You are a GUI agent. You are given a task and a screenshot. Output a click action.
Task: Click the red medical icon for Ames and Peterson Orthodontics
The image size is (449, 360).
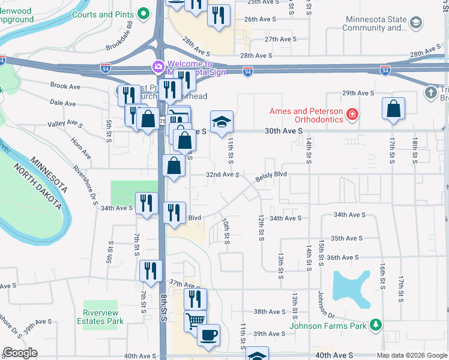352,113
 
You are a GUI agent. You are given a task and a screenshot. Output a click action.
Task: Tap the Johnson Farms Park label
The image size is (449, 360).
328,326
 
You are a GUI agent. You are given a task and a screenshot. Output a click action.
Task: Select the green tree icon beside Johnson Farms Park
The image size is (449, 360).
375,325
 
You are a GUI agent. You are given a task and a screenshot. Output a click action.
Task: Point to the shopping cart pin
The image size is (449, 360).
195,321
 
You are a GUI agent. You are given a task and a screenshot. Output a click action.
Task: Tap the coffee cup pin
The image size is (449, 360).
208,334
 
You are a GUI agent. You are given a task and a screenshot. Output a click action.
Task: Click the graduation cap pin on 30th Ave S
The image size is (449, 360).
221,121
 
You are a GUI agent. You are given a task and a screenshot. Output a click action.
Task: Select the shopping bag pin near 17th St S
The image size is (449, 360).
393,109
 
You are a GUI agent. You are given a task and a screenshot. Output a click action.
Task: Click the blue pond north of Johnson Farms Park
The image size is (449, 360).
351,284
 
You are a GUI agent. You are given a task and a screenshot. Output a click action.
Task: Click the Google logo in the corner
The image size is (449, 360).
20,352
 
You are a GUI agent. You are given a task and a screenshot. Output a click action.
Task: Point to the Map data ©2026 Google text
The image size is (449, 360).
411,355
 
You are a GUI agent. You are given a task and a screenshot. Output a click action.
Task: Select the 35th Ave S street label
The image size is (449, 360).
348,238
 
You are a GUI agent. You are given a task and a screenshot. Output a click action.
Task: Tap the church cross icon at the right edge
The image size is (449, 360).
430,92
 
